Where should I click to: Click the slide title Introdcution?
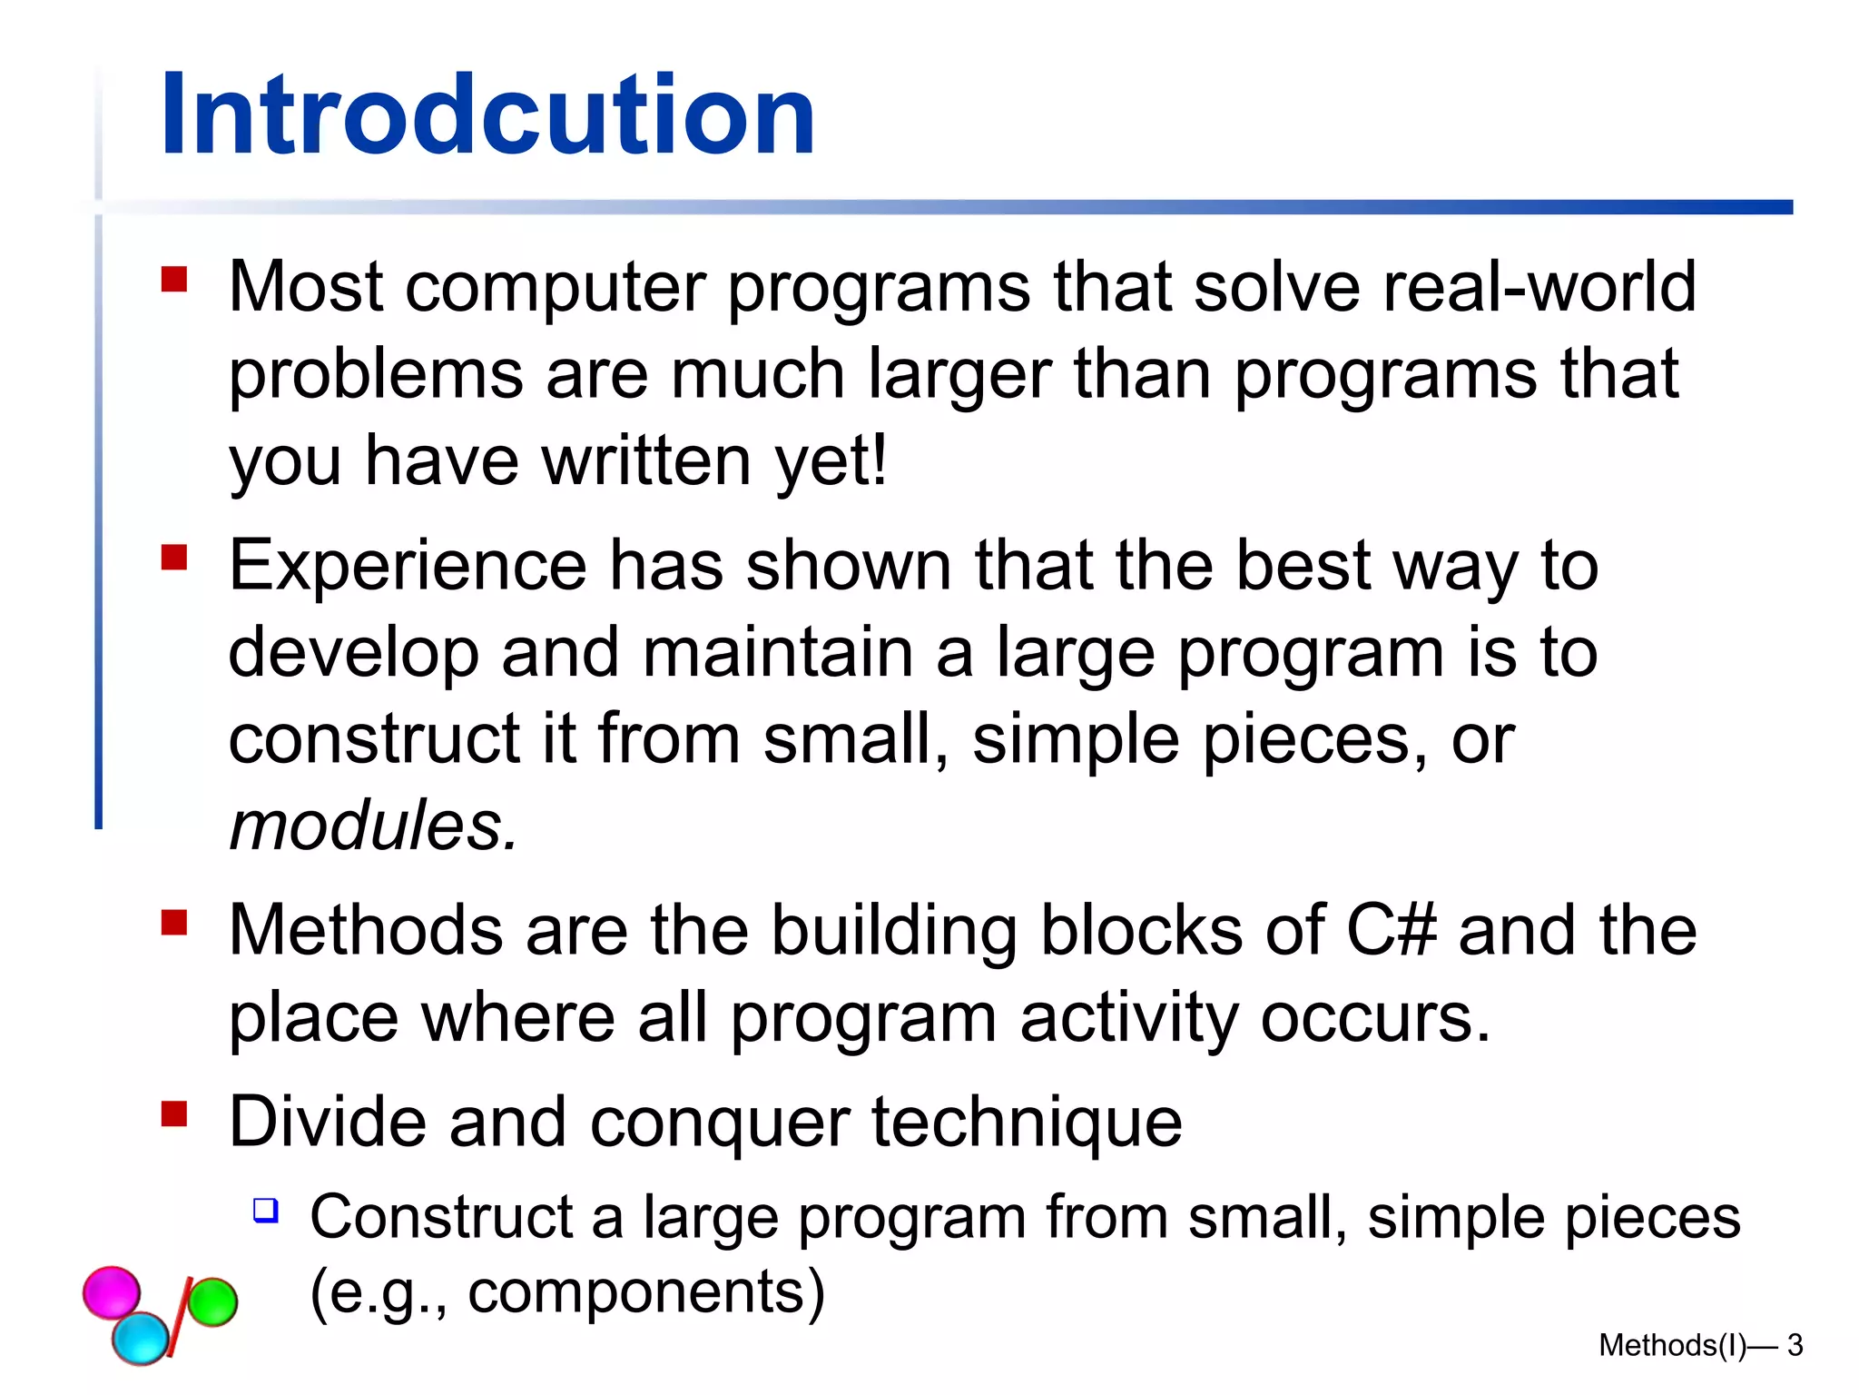(x=487, y=115)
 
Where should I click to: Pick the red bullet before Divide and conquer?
(x=174, y=1113)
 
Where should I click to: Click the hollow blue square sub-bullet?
(x=266, y=1210)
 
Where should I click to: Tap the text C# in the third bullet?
(x=1392, y=930)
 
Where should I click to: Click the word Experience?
(x=408, y=566)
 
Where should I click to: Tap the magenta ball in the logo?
(x=112, y=1291)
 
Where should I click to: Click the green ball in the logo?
(x=212, y=1301)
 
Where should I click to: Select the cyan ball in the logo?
(x=141, y=1338)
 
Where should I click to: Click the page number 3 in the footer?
(x=1795, y=1345)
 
